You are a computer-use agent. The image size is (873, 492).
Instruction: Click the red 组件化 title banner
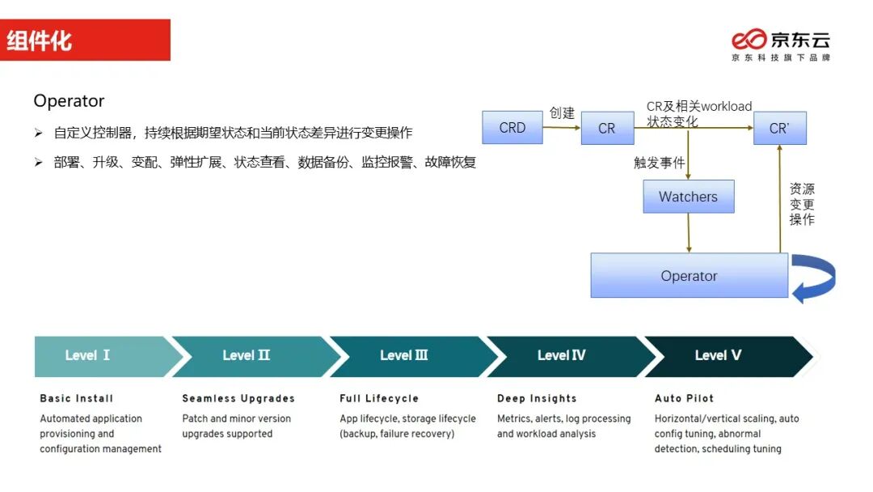click(85, 40)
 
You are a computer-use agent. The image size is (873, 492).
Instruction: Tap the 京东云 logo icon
click(749, 40)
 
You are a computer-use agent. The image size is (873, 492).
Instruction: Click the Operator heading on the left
click(69, 101)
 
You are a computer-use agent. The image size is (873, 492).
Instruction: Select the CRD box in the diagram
click(512, 128)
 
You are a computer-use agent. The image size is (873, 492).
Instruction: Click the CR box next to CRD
click(607, 128)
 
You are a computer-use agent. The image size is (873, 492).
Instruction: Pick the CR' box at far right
click(779, 128)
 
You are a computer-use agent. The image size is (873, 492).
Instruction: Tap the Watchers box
click(688, 197)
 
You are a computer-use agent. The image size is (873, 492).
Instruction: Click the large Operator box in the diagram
click(689, 276)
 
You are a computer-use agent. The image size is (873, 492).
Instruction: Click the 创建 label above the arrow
click(562, 112)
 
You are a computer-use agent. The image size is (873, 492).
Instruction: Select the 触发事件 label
click(659, 163)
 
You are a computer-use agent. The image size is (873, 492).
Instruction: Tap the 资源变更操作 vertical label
click(802, 204)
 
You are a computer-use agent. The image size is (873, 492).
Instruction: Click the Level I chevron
click(101, 356)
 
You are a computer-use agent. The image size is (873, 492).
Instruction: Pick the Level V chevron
click(719, 356)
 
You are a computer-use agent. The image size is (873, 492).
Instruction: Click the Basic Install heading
click(77, 398)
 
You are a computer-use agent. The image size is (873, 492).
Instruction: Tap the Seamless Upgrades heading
click(238, 398)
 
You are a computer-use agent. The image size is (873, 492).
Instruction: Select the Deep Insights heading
click(537, 398)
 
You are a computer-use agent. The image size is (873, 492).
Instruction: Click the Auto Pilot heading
click(684, 398)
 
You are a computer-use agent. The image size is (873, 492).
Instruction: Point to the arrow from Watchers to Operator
click(689, 233)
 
